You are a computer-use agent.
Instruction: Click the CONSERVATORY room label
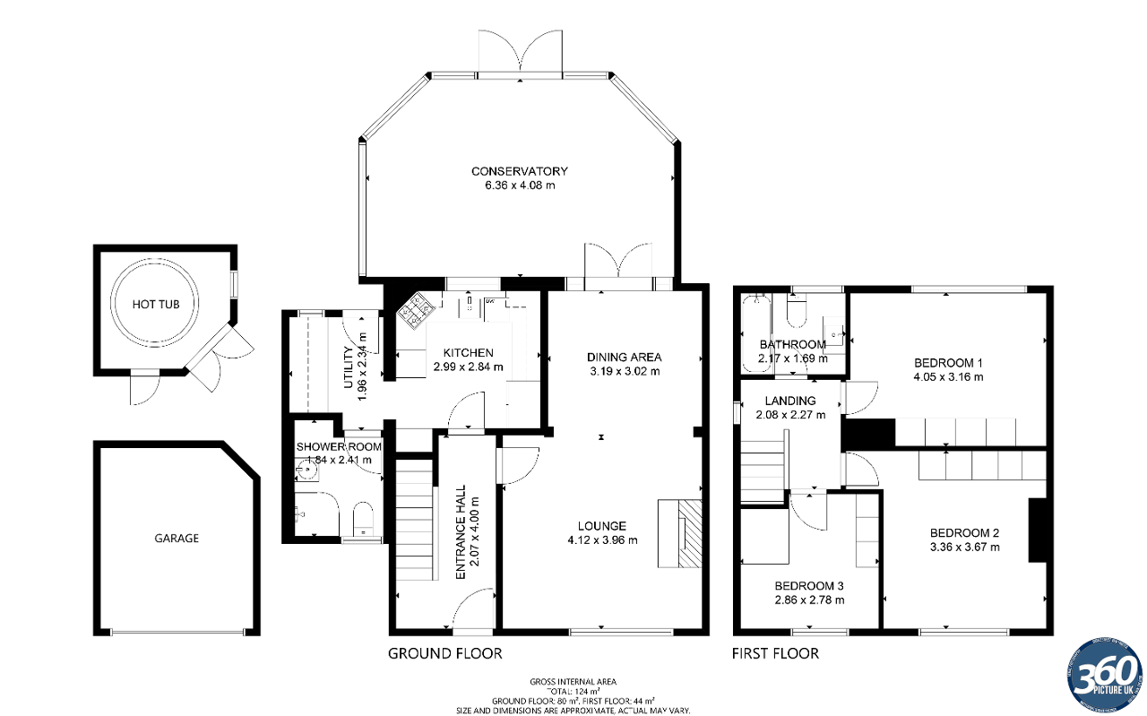coord(520,171)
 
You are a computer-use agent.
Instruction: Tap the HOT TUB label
coord(156,305)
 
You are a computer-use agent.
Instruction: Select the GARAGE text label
coord(176,539)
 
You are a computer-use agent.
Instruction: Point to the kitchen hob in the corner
coord(418,311)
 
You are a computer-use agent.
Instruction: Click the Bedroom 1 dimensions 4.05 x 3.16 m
coord(948,377)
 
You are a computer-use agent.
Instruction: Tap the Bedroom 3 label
coord(809,585)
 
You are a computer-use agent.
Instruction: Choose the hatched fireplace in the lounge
coord(689,534)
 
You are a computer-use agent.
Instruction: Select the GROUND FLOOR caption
coord(444,653)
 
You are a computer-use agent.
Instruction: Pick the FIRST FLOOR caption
coord(775,653)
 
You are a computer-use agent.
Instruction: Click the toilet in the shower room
coord(364,519)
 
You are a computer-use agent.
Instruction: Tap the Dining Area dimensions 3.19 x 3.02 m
coord(625,371)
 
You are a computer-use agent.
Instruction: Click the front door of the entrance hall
coord(474,609)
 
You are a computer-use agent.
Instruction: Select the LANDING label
coord(790,401)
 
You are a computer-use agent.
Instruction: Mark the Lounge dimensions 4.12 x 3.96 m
coord(602,540)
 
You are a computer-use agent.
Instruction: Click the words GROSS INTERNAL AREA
coord(573,682)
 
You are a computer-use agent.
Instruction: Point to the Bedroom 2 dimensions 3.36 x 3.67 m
coord(964,547)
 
